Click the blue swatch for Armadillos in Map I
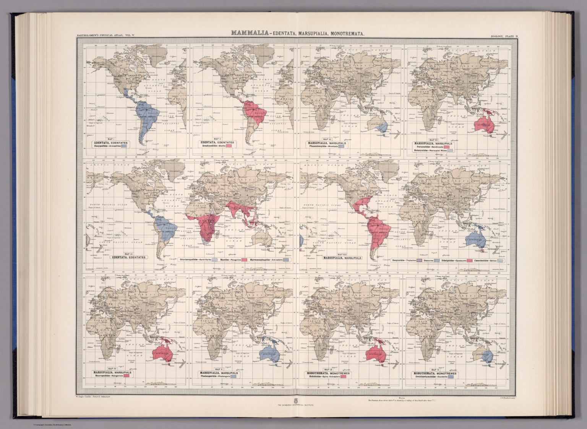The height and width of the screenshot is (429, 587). coord(124,146)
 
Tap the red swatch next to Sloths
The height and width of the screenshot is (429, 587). coord(229,146)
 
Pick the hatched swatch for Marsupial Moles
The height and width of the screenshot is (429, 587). coord(451,151)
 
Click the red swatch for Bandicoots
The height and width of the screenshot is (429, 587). coord(446,146)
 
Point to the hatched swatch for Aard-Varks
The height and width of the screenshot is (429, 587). coord(216,260)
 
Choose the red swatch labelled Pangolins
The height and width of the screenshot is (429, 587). coord(244,260)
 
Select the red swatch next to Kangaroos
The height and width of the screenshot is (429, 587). coord(126,376)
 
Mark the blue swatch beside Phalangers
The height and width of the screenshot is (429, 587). coord(233,376)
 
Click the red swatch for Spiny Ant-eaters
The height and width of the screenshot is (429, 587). coord(343,377)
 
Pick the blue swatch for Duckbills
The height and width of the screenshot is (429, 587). coord(451,377)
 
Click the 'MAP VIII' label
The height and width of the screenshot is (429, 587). coord(342,254)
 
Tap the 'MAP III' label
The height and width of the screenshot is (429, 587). coord(128,254)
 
